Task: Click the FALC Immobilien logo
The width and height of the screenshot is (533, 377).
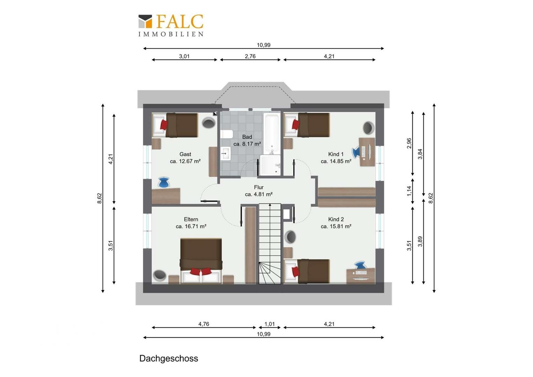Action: [171, 25]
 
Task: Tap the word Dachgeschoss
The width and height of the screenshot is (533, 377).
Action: [168, 358]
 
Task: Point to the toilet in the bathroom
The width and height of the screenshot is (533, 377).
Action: [226, 134]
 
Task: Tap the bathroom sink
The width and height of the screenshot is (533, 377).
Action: [225, 154]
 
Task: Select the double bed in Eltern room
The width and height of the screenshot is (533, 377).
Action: [201, 261]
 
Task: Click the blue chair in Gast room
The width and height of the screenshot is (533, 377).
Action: [164, 182]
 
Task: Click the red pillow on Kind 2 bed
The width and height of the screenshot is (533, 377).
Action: [295, 272]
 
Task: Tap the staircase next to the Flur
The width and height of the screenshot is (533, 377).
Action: [270, 244]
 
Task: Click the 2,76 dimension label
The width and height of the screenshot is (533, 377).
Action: [250, 56]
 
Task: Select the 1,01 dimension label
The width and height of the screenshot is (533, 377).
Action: [270, 324]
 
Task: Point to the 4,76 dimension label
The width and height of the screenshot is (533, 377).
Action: [204, 324]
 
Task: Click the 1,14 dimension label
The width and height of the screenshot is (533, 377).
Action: [409, 191]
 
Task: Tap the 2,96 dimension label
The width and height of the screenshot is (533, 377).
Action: [409, 143]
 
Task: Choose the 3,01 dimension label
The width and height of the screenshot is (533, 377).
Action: [184, 56]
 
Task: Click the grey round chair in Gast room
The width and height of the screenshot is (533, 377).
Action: [209, 123]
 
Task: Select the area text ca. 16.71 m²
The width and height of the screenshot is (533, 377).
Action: [191, 226]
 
